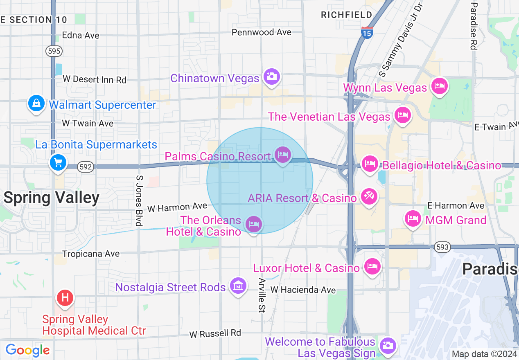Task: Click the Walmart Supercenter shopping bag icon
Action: (x=36, y=103)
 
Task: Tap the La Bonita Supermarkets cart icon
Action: (x=58, y=162)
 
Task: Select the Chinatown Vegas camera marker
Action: (x=271, y=76)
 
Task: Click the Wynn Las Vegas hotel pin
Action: (x=439, y=86)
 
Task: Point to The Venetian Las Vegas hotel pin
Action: (x=402, y=115)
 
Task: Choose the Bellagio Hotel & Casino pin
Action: (x=370, y=164)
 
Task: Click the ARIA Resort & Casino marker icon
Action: (x=369, y=197)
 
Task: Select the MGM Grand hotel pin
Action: (x=413, y=218)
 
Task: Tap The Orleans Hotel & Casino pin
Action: (x=254, y=224)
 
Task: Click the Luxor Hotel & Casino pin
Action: (x=372, y=267)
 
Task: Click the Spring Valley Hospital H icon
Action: (x=65, y=298)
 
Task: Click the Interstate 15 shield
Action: (x=367, y=33)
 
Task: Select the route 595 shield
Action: (x=54, y=51)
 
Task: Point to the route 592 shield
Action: (x=86, y=167)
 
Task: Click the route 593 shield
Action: (x=442, y=247)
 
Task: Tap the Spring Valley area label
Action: (x=52, y=198)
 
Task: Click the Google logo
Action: (x=28, y=350)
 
